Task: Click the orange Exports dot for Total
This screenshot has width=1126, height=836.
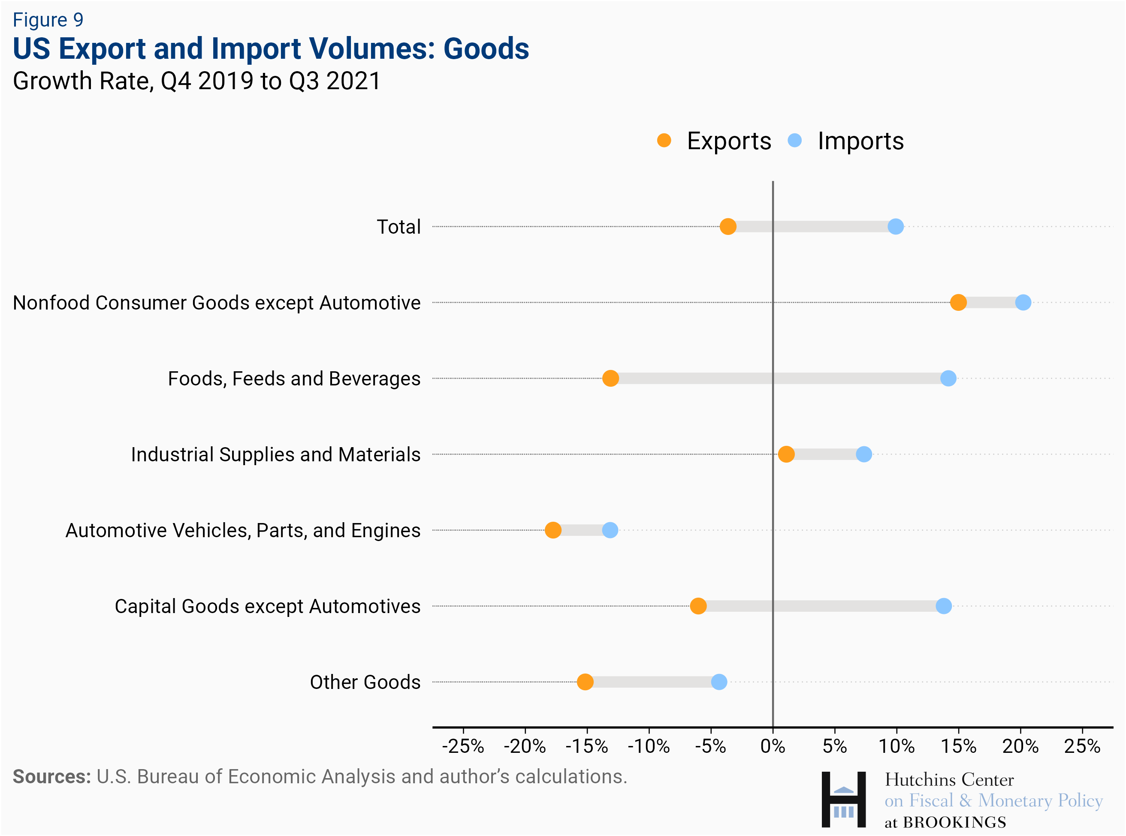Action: tap(728, 227)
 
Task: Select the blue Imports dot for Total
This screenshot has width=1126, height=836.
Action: tap(895, 227)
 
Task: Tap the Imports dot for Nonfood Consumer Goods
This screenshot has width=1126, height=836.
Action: tap(1023, 303)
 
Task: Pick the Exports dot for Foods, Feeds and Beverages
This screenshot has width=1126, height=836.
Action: tap(610, 379)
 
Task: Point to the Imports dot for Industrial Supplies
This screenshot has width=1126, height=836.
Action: tap(864, 454)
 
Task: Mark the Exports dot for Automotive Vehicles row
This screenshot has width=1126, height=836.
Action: tap(553, 530)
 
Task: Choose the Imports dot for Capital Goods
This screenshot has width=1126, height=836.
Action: tap(943, 606)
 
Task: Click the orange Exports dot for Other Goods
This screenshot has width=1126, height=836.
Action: tap(585, 682)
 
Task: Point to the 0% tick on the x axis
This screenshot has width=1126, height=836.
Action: tap(773, 746)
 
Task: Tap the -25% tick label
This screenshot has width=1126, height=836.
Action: tap(463, 746)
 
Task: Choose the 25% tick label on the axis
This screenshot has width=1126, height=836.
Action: tap(1082, 746)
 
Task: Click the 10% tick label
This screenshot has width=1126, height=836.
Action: tap(896, 746)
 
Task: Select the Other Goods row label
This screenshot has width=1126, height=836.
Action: tap(365, 682)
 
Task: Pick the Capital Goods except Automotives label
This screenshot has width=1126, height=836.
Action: tap(267, 606)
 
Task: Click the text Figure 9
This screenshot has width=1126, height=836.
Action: tap(48, 20)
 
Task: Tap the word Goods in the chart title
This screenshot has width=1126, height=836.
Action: tap(486, 48)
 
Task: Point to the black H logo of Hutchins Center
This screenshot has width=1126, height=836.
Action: tap(843, 800)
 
